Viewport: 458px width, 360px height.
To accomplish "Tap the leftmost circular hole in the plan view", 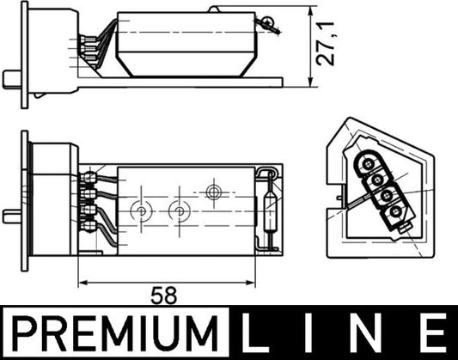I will coord(140,210).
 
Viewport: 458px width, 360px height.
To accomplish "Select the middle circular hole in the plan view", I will coord(179,210).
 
